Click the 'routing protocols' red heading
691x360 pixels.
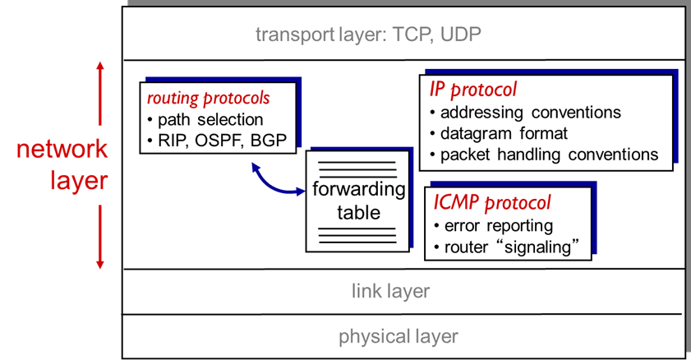coord(208,98)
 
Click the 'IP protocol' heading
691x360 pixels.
coord(473,89)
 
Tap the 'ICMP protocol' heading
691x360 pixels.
coord(491,203)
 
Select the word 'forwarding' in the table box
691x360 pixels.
coord(359,190)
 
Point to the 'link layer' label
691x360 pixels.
coord(391,291)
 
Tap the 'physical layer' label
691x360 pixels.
coord(398,336)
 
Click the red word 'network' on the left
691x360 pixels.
coord(62,149)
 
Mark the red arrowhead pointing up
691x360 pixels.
coord(100,66)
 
